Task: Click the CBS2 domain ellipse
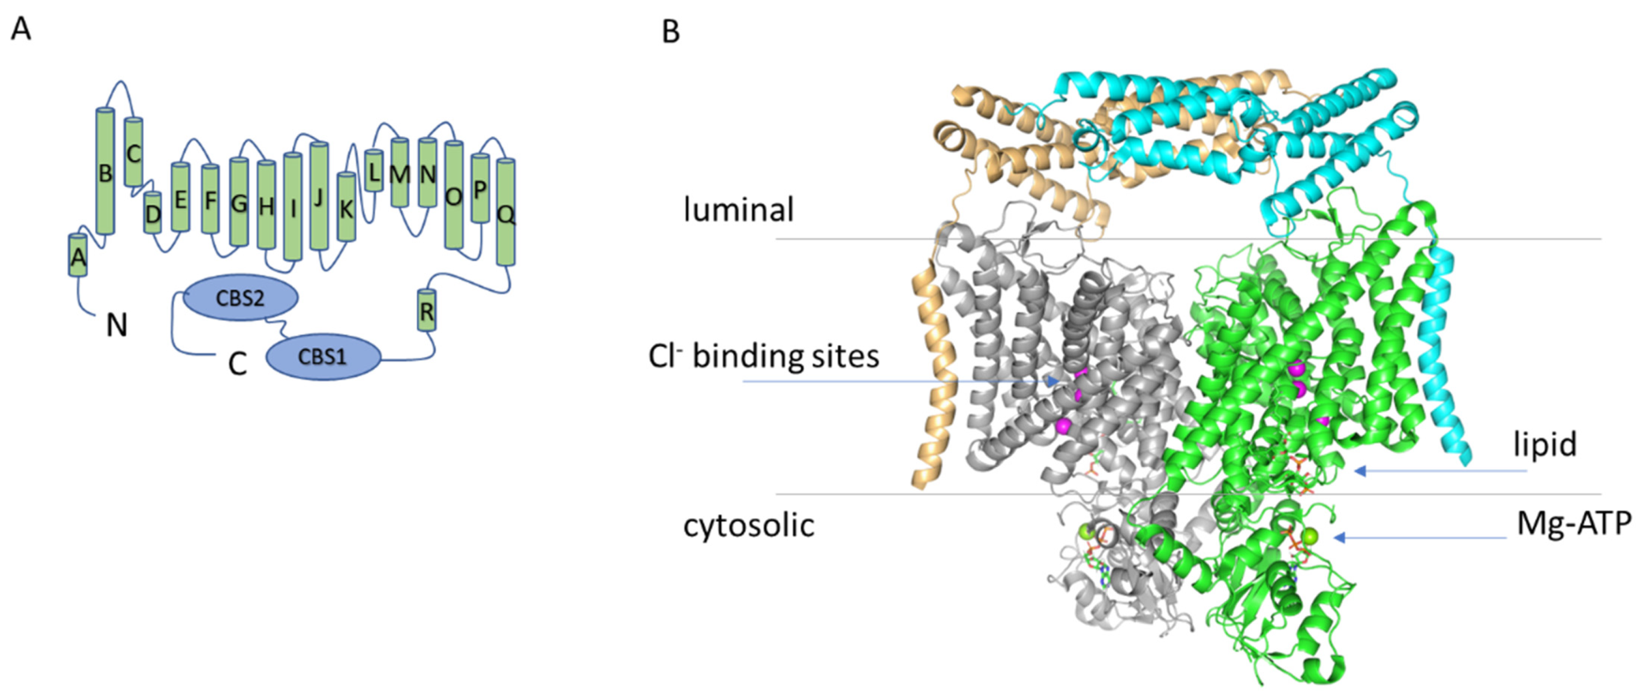[240, 298]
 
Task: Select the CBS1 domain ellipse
[323, 356]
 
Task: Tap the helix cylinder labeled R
[426, 310]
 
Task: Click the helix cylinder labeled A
[78, 256]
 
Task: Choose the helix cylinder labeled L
[374, 171]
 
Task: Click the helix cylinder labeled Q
[506, 212]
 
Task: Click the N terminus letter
[117, 326]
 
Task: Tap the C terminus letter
[237, 365]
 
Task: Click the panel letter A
[21, 29]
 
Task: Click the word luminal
[738, 209]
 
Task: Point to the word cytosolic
[749, 526]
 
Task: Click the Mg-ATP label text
[1574, 524]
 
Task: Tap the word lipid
[1545, 445]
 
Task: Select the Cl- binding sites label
[764, 356]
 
